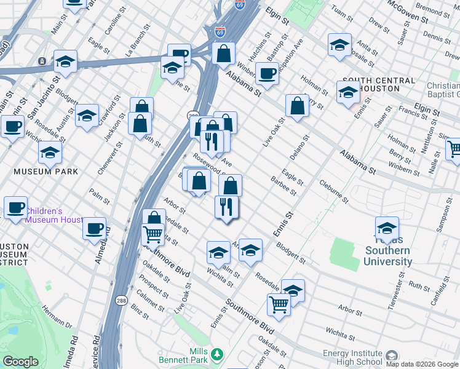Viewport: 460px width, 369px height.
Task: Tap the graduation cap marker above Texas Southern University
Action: (387, 229)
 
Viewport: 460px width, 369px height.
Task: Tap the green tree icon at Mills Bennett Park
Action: (216, 354)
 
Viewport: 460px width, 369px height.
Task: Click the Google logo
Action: (20, 362)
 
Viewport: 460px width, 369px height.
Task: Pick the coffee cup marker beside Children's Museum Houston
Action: (15, 208)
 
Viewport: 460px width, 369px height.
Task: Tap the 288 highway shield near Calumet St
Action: (121, 300)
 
